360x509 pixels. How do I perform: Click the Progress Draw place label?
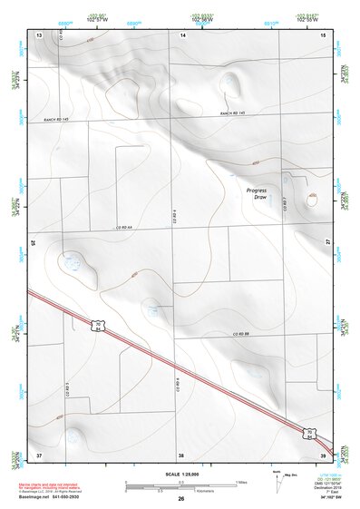coord(260,192)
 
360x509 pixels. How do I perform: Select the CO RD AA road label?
coord(124,227)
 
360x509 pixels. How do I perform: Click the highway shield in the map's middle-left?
coord(100,324)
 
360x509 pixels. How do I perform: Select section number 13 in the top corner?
coord(39,34)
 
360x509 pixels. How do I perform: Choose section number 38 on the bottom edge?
coord(180,454)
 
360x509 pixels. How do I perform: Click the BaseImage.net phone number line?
coord(56,498)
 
